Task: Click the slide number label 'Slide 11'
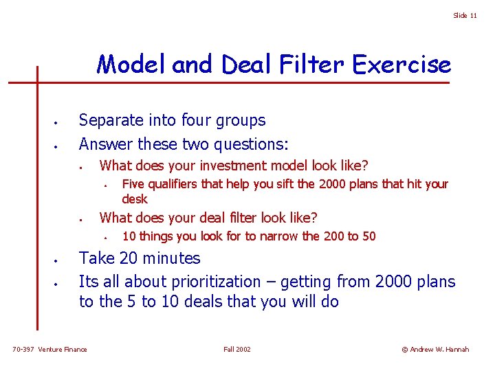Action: (x=465, y=16)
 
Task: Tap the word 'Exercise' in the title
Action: (x=401, y=65)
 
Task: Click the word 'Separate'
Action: (x=111, y=120)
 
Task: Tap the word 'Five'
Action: (x=133, y=184)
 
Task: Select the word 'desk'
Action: (x=135, y=199)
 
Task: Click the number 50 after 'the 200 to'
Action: (x=368, y=236)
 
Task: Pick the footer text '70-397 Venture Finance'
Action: (x=50, y=350)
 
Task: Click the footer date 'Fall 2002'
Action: (x=237, y=350)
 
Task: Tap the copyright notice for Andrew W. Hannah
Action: (x=435, y=350)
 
